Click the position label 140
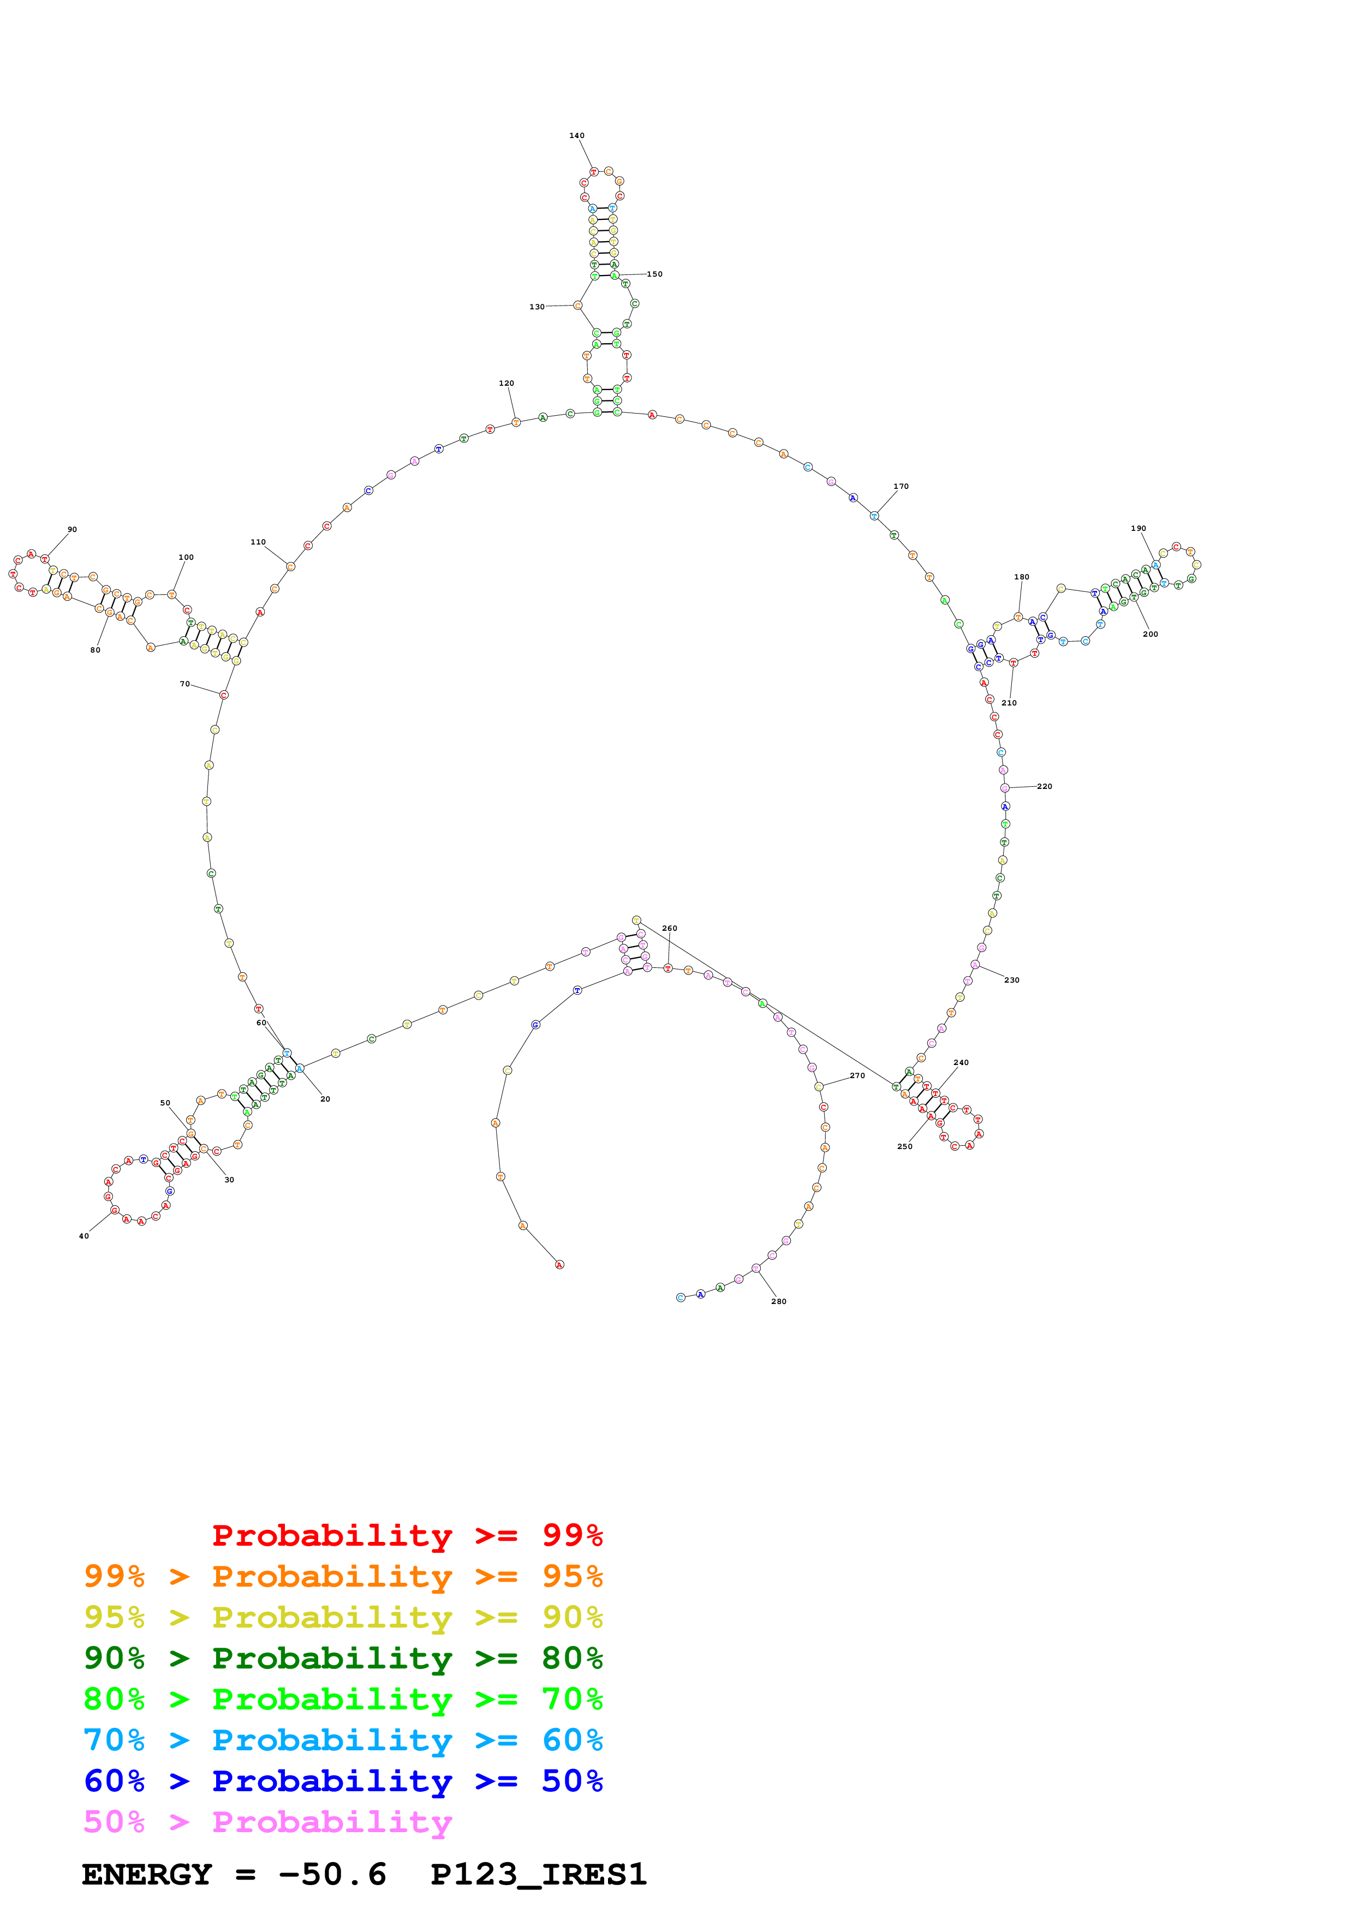(x=577, y=135)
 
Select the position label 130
(x=537, y=307)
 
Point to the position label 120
(x=506, y=384)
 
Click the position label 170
(x=901, y=486)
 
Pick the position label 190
(x=1138, y=529)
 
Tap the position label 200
(x=1151, y=635)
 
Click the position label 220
(x=1045, y=786)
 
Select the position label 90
(x=73, y=529)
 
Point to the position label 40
(x=84, y=1236)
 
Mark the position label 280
(x=779, y=1301)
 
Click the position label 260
(x=670, y=928)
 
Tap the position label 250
(x=904, y=1146)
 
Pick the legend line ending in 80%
(x=343, y=1658)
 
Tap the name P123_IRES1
(x=539, y=1875)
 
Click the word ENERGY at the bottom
(x=147, y=1875)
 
